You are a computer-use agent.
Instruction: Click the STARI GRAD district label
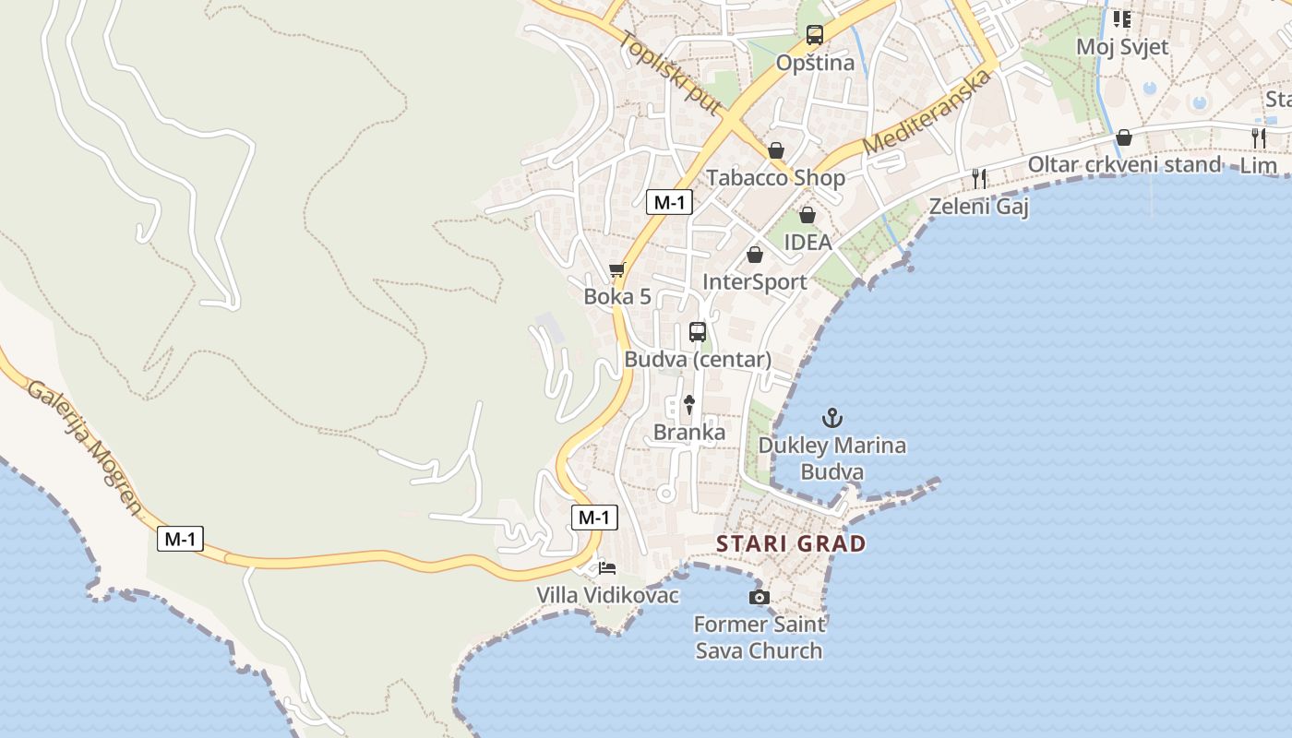coord(791,543)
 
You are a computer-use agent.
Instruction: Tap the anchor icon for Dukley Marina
coord(832,418)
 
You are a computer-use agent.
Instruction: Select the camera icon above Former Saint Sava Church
coord(759,598)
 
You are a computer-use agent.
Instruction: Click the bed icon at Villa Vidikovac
coord(607,567)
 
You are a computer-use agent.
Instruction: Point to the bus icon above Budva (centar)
coord(698,332)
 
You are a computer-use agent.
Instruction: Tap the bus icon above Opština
coord(814,35)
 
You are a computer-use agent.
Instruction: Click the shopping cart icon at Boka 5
coord(616,270)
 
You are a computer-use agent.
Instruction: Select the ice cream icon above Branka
coord(688,404)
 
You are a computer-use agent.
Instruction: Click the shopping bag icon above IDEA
coord(807,215)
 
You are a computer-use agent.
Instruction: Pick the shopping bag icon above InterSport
coord(755,255)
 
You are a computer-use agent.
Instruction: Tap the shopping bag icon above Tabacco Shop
coord(776,150)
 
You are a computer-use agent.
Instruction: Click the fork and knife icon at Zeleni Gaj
coord(979,178)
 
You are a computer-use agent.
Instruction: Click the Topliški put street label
coord(671,74)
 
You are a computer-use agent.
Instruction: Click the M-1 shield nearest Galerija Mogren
coord(180,539)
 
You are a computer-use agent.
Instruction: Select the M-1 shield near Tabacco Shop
coord(669,203)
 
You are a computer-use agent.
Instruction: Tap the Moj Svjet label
coord(1122,46)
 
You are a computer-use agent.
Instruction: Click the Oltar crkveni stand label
coord(1124,164)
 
